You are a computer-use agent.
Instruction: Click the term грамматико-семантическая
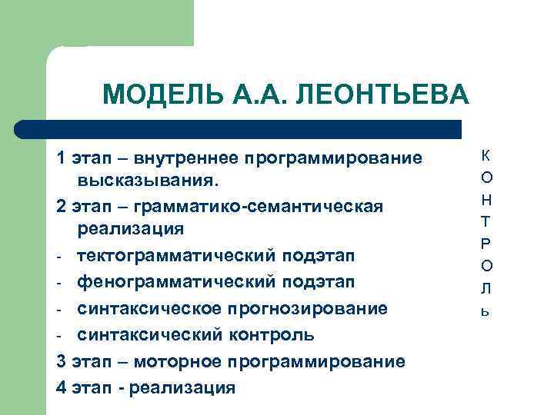tap(258, 207)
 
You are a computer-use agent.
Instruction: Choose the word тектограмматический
tap(176, 254)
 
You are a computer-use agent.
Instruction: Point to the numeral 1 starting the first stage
tap(61, 158)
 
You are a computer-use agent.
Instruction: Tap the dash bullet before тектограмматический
tap(60, 255)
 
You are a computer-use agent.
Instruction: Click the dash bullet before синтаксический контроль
tap(60, 336)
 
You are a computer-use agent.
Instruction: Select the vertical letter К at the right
tap(486, 155)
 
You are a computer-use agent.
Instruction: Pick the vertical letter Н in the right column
tap(486, 200)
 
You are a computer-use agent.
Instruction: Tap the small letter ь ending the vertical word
tap(486, 311)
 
